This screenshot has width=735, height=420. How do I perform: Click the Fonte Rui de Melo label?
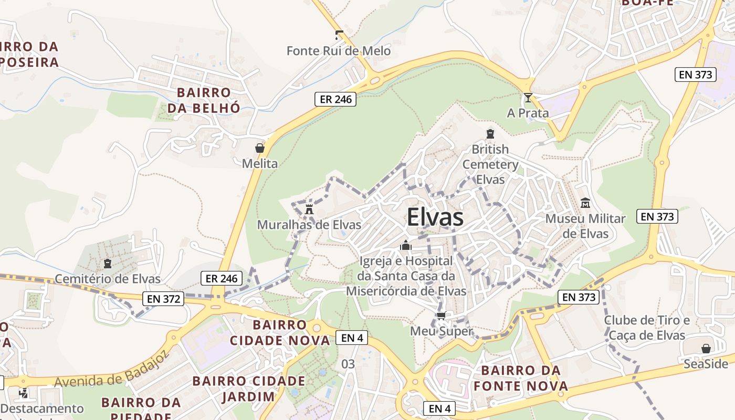[x=339, y=51]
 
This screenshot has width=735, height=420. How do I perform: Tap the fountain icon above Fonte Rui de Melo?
[x=339, y=36]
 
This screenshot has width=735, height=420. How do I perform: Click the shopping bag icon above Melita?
[x=259, y=148]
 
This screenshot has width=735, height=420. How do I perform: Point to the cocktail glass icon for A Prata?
[x=528, y=98]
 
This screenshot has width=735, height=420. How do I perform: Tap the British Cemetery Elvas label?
[x=490, y=164]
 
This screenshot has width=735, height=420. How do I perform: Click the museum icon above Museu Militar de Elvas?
[x=585, y=203]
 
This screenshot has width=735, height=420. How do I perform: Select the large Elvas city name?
[x=435, y=217]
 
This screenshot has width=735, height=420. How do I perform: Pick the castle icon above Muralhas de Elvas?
[x=309, y=208]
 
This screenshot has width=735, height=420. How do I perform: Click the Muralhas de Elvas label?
[x=309, y=225]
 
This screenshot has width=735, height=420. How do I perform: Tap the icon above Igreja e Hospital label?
[x=405, y=245]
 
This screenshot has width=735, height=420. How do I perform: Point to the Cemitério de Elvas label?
[x=108, y=278]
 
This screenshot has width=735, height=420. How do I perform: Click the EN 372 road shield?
[x=163, y=299]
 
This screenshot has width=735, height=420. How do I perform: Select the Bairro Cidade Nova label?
[x=280, y=332]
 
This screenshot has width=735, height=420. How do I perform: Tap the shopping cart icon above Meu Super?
[x=441, y=316]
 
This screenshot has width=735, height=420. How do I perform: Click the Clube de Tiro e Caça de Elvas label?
[x=647, y=328]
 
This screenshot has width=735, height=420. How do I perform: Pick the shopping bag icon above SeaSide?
[x=706, y=349]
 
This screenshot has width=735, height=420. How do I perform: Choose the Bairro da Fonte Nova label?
[x=521, y=379]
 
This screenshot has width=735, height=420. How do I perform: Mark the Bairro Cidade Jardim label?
[x=248, y=388]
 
